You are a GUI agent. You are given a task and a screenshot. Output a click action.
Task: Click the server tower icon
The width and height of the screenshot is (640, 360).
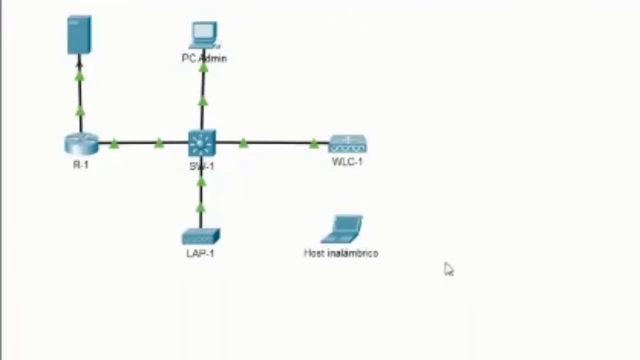79,34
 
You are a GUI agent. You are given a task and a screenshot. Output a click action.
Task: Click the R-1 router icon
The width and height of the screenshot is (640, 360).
81,143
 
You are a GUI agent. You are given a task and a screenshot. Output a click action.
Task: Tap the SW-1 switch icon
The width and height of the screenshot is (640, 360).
202,143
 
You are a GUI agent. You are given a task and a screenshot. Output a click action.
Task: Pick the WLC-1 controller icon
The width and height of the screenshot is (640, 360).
347,144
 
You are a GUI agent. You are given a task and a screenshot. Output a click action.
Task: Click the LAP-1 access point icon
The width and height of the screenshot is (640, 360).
200,236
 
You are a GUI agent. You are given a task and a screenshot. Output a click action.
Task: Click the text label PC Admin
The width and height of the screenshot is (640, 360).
204,58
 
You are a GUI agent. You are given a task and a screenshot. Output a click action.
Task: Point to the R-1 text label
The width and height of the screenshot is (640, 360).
80,165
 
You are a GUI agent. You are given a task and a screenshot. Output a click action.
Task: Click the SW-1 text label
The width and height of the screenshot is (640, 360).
202,166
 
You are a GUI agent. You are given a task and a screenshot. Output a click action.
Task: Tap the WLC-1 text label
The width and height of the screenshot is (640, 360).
347,161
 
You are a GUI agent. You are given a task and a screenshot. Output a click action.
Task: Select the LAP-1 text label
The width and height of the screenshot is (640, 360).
200,253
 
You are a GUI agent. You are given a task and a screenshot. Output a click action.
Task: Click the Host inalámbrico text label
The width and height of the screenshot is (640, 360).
341,253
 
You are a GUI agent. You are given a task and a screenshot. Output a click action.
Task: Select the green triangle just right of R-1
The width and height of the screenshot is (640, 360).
114,144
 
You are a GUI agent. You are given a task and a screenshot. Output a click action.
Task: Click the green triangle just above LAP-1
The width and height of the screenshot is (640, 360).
200,208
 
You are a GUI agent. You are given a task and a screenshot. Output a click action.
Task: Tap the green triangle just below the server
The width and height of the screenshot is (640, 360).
79,76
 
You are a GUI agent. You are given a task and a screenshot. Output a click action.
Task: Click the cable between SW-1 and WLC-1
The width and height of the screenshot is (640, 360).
277,143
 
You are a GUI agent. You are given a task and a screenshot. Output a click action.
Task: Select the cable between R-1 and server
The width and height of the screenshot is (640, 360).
80,95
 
